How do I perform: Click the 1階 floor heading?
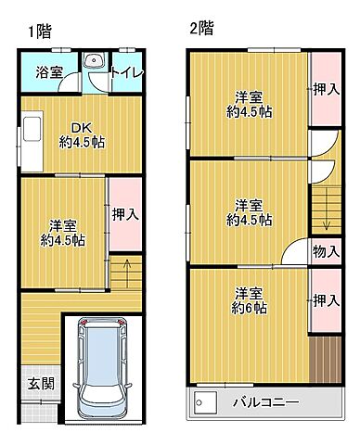pyautogui.click(x=38, y=31)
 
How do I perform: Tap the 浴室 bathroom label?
pyautogui.click(x=48, y=70)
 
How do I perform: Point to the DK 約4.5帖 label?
pyautogui.click(x=81, y=135)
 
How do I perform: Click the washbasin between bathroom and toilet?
pyautogui.click(x=93, y=63)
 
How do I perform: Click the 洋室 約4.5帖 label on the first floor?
pyautogui.click(x=62, y=232)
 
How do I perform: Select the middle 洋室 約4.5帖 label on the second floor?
pyautogui.click(x=250, y=212)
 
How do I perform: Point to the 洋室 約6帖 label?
pyautogui.click(x=250, y=300)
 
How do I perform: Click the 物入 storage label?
pyautogui.click(x=325, y=250)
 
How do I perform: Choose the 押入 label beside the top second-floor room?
pyautogui.click(x=324, y=89)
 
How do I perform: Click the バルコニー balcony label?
pyautogui.click(x=264, y=403)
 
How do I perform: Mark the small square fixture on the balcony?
pyautogui.click(x=205, y=402)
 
